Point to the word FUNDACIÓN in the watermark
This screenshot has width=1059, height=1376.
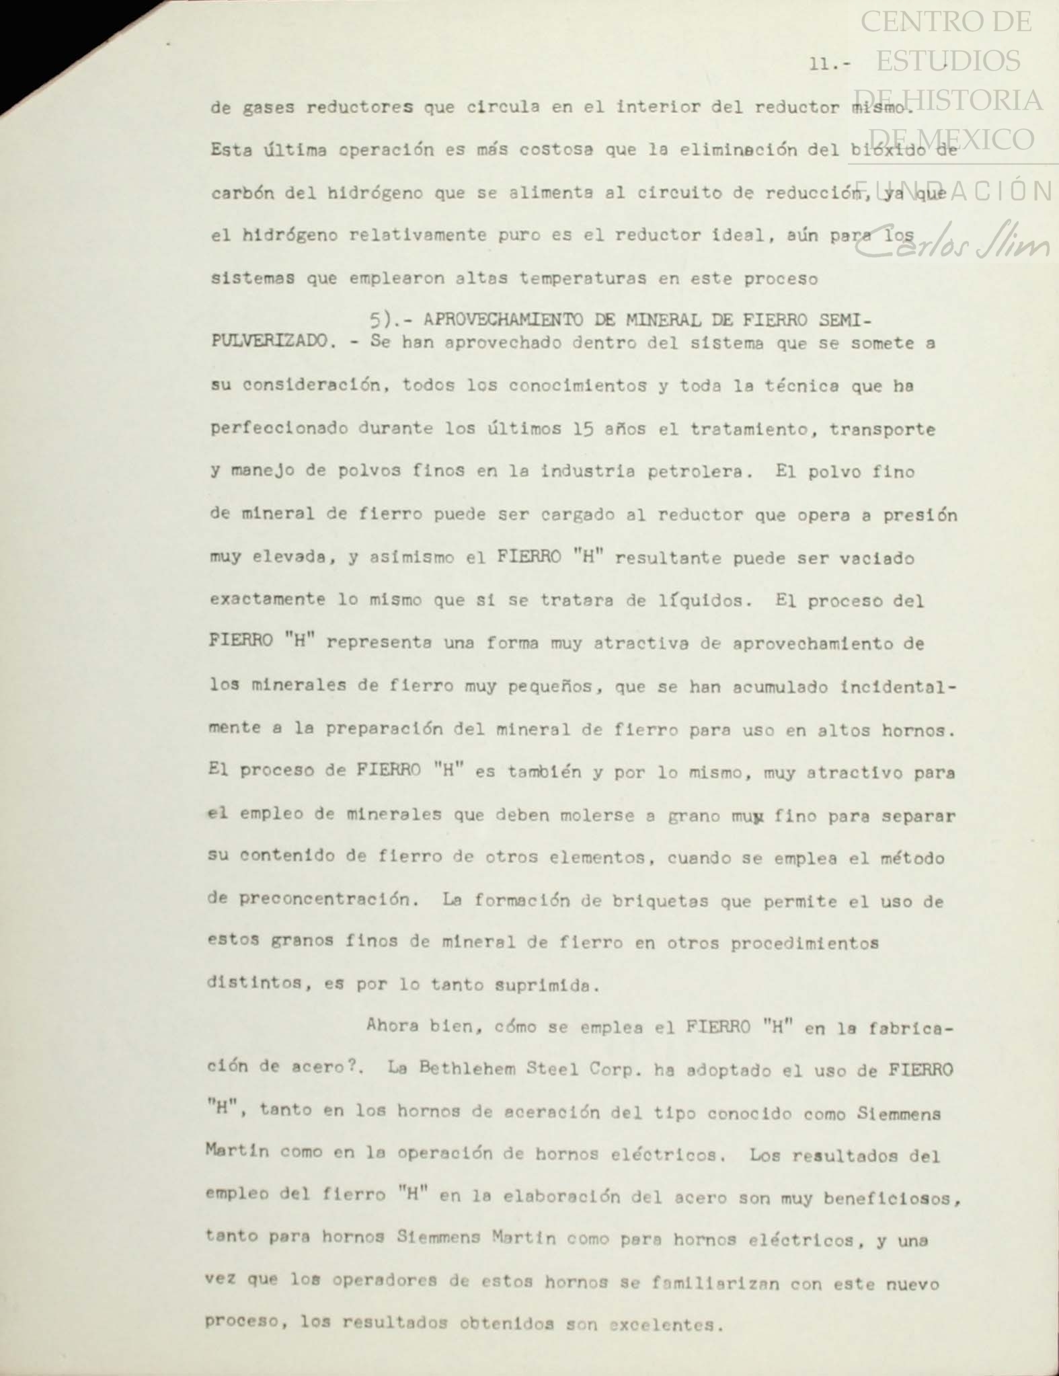point(953,192)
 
